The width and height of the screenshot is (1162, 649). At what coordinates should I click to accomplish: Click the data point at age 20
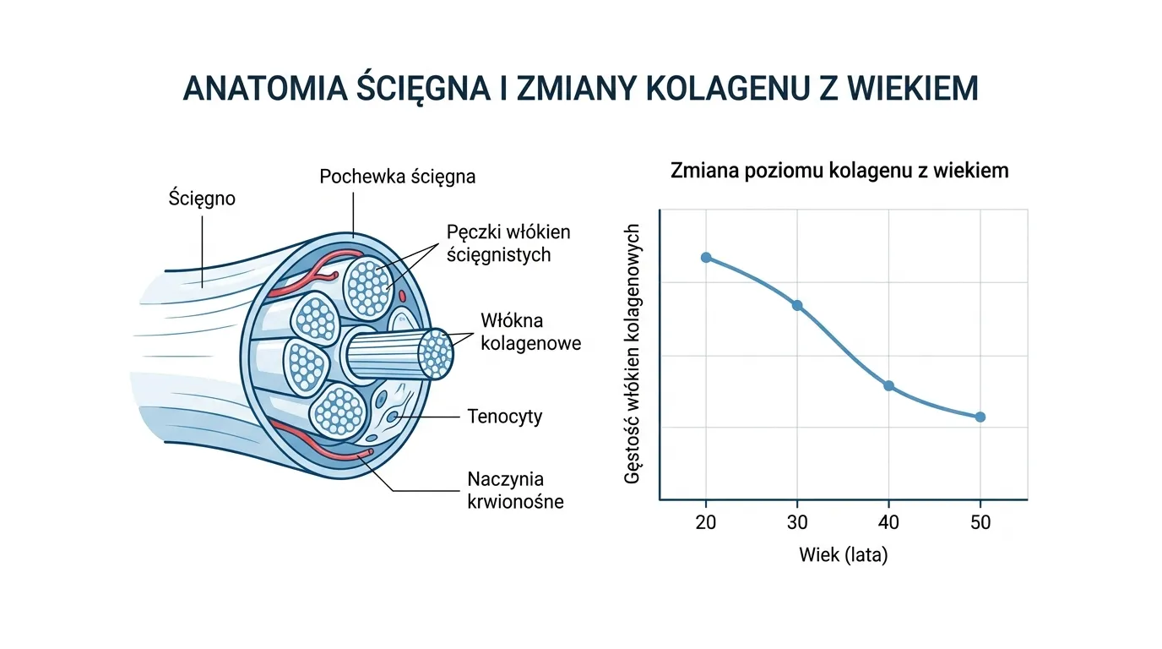tap(706, 257)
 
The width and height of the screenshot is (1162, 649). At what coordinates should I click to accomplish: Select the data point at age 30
tap(796, 305)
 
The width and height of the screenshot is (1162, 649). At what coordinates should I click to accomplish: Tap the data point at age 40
tap(888, 385)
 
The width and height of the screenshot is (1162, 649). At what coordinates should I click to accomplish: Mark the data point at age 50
tap(980, 417)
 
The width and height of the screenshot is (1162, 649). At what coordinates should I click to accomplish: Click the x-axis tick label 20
tap(706, 522)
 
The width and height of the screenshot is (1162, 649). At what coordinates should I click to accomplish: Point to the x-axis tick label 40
tap(888, 522)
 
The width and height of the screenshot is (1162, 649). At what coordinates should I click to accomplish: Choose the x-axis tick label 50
tap(980, 522)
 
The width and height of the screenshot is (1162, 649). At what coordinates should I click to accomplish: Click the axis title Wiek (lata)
tap(843, 557)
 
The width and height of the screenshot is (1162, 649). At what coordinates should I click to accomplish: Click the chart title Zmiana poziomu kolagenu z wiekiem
tap(839, 171)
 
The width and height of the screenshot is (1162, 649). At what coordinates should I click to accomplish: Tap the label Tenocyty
tap(504, 417)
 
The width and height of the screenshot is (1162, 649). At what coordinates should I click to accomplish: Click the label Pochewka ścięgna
tap(397, 177)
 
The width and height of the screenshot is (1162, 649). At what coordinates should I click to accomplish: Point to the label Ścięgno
tap(202, 199)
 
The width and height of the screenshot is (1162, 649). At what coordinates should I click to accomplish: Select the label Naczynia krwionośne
tap(514, 491)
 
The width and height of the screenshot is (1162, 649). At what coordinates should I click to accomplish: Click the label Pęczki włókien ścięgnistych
tap(508, 243)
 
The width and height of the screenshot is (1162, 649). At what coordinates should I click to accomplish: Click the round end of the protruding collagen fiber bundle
tap(436, 354)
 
